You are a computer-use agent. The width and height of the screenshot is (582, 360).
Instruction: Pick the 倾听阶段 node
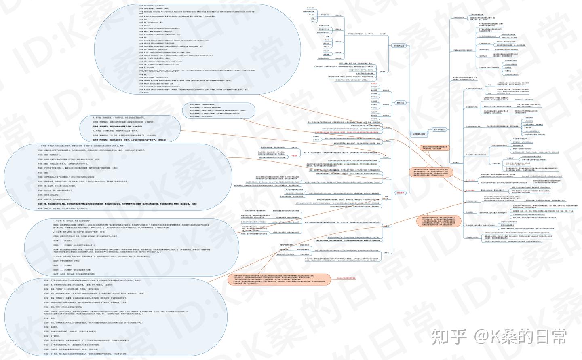point(400,103)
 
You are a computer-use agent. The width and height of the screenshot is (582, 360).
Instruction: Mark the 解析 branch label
point(387,178)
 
